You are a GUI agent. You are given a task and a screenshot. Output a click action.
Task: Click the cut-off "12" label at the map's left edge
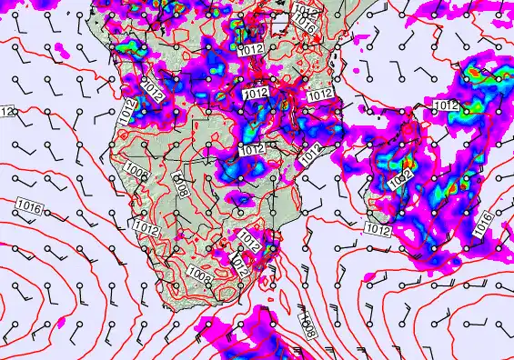click(x=6, y=112)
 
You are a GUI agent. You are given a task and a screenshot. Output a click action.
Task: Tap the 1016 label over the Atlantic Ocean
click(x=28, y=208)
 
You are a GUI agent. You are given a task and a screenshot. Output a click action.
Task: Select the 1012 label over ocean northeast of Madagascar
click(x=445, y=106)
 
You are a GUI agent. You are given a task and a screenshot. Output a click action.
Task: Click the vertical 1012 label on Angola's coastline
click(x=127, y=112)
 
